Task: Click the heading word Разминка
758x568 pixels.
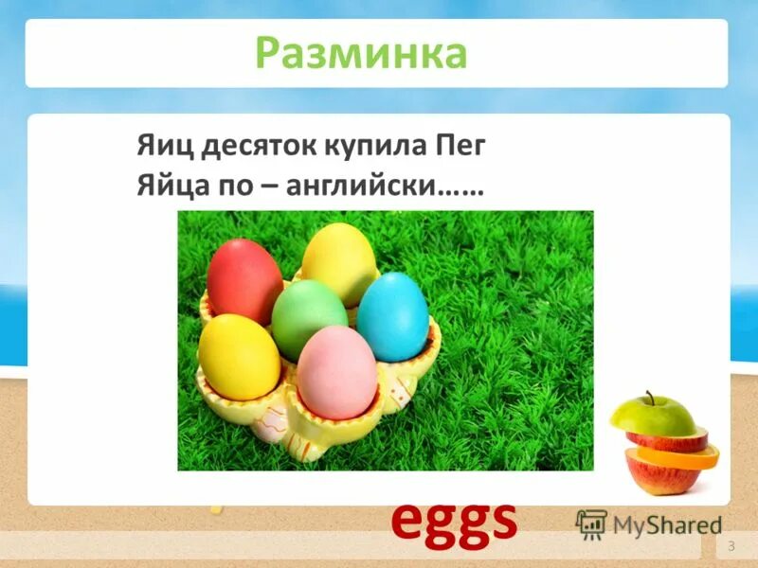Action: click(x=362, y=54)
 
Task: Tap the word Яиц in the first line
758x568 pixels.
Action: click(x=159, y=147)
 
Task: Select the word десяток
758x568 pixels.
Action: click(x=242, y=147)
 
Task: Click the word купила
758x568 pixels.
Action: click(x=354, y=147)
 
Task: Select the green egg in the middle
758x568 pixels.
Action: click(x=310, y=319)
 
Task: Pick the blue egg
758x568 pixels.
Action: click(x=392, y=316)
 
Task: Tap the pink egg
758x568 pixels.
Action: click(x=337, y=371)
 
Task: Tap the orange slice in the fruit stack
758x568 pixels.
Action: click(x=675, y=456)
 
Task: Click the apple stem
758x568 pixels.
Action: click(x=650, y=397)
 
